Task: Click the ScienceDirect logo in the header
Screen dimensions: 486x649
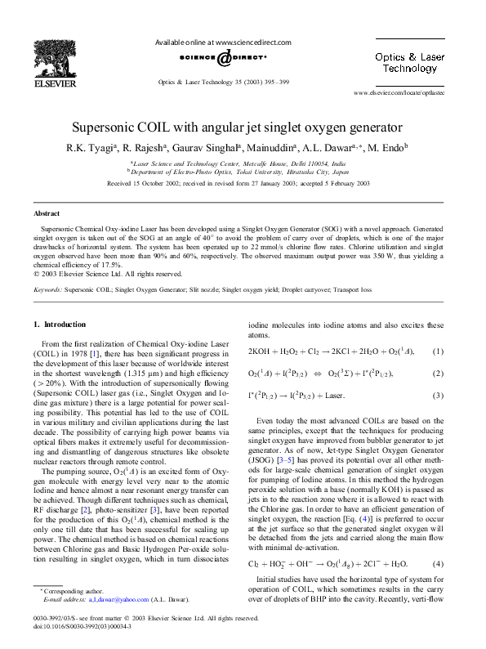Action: pyautogui.click(x=223, y=58)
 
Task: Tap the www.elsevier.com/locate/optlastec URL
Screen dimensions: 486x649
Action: pyautogui.click(x=398, y=95)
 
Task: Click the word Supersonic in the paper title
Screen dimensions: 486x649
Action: pyautogui.click(x=110, y=128)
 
